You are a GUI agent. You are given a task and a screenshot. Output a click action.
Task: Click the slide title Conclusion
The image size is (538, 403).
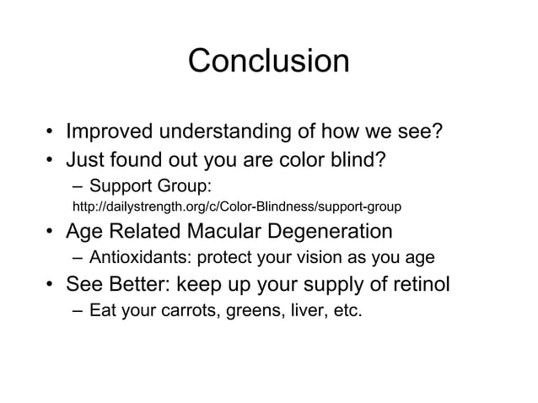[x=268, y=61]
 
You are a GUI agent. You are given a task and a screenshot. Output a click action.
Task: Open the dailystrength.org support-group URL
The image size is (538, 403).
[x=238, y=206]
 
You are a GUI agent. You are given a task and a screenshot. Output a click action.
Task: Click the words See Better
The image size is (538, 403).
[x=121, y=284]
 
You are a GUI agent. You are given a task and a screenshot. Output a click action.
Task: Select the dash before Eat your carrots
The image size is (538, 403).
[x=78, y=312]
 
